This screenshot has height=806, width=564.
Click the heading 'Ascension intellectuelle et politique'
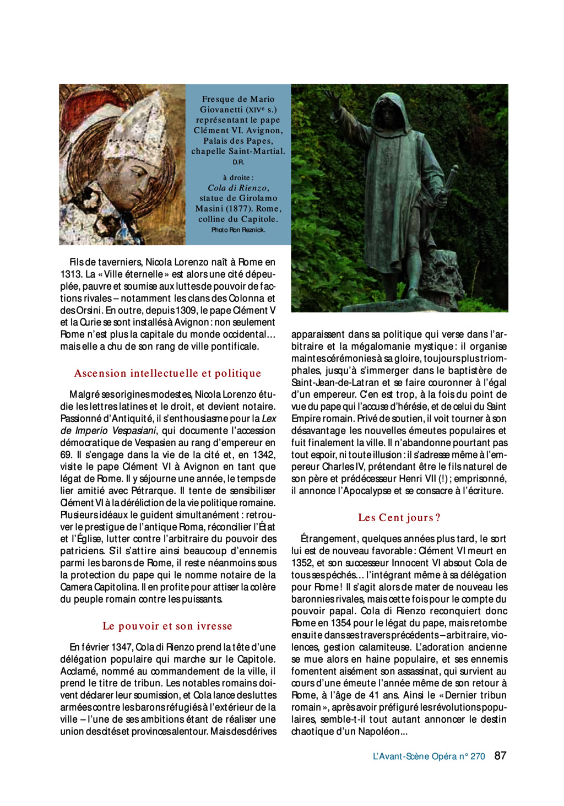(167, 373)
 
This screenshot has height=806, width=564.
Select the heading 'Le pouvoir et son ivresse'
(167, 626)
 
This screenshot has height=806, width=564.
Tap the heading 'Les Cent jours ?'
(399, 517)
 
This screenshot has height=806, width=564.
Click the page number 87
(500, 755)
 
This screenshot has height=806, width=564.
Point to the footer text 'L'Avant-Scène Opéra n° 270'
(429, 756)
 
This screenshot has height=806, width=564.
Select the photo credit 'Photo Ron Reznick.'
(238, 230)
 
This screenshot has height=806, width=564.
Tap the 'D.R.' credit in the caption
(238, 162)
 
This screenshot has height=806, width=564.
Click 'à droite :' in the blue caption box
(238, 177)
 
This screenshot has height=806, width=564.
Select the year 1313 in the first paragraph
(70, 274)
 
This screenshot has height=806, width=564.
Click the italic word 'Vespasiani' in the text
(134, 431)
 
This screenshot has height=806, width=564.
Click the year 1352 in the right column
(302, 563)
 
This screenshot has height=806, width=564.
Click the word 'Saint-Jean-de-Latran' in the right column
(335, 382)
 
